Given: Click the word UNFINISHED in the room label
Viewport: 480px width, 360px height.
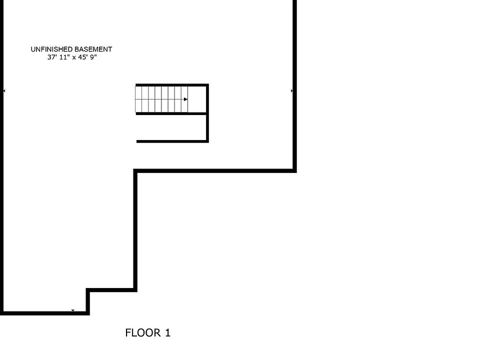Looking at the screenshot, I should (x=51, y=49).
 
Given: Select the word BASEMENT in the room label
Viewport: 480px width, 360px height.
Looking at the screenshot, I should (x=93, y=49).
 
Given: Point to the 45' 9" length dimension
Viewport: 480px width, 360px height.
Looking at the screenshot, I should (x=87, y=57).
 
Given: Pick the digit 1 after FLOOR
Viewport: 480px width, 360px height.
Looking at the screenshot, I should (x=167, y=332).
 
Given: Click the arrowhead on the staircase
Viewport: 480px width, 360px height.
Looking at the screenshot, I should (x=185, y=99).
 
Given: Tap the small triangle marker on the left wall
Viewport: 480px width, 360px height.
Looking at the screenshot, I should (x=4, y=91).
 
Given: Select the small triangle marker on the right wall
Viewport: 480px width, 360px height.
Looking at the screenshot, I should (x=292, y=91).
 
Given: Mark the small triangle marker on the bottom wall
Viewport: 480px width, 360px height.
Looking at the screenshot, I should (x=73, y=311).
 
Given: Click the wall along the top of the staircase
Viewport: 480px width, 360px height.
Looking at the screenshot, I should (x=171, y=85).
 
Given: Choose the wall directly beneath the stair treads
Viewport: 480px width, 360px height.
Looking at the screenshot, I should (x=171, y=113).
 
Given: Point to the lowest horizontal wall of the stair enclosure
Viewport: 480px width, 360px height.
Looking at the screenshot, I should (x=171, y=141).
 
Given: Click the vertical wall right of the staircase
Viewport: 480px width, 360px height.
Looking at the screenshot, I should (x=207, y=113).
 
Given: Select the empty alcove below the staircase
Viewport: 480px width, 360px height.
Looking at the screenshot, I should (x=171, y=127).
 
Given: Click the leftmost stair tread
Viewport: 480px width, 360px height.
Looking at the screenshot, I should (x=138, y=99).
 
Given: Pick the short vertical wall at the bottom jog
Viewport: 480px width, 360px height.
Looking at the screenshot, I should (x=88, y=301).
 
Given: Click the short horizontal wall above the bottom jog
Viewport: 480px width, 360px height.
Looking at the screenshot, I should (x=111, y=289).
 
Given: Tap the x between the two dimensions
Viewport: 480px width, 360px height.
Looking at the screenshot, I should (x=73, y=57).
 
